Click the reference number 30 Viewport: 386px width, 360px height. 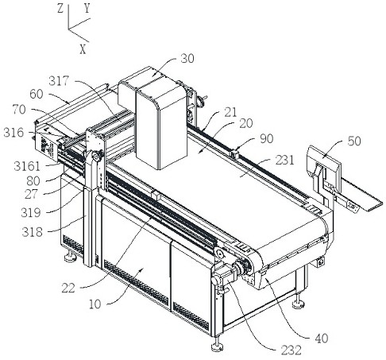coord(187,59)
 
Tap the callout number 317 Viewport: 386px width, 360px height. coord(59,81)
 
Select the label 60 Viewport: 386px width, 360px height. coord(37,94)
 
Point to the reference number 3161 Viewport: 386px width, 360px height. coord(27,166)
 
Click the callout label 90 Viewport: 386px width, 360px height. coord(266,138)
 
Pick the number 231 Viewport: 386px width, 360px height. coord(284,161)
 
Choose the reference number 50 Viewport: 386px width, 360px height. coord(354,141)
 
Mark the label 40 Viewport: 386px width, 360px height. coord(322,339)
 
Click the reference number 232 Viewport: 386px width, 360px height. coord(291,350)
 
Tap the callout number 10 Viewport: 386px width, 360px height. coord(95,304)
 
